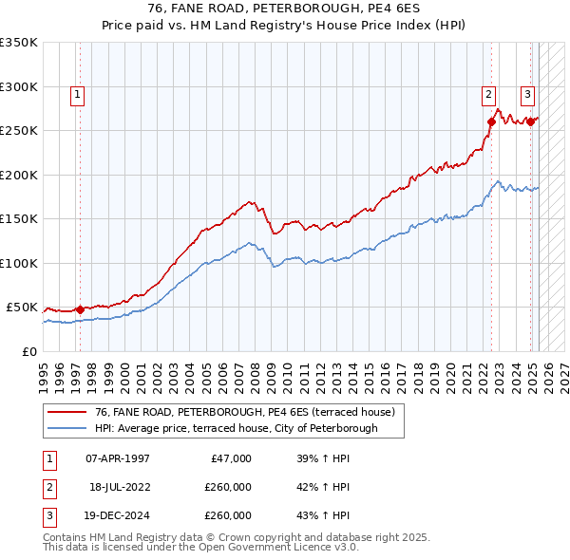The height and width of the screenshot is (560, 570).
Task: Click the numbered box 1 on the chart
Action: coord(76,94)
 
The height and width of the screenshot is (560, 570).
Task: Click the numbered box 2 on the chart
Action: coord(488,94)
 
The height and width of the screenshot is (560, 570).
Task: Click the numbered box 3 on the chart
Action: coord(527,94)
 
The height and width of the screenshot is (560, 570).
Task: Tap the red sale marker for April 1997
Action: coord(80,309)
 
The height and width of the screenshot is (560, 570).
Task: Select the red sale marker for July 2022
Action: coord(492,121)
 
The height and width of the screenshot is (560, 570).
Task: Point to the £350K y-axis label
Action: coord(19,43)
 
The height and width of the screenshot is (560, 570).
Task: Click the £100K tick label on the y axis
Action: coord(19,263)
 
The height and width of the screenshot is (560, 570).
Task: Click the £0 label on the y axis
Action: coord(30,351)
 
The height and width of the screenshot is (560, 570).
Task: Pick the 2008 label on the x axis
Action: coord(256,370)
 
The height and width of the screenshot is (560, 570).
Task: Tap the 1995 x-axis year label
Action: coord(44,370)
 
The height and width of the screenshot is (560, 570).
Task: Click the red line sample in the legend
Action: coord(66,412)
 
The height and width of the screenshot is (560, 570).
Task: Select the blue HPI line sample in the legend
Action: coord(66,428)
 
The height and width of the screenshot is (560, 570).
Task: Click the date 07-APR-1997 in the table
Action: coord(118,458)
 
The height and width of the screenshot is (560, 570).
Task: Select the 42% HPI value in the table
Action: coord(323,487)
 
